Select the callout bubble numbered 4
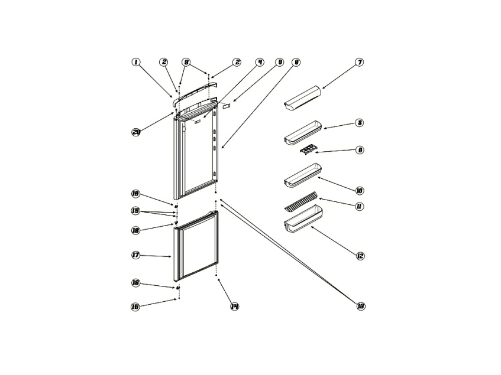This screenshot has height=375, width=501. point(259,62)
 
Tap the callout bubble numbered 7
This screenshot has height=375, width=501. point(358,62)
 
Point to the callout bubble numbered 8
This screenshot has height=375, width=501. point(359,123)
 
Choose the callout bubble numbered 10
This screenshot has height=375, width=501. point(359,191)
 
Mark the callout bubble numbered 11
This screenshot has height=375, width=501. point(359,206)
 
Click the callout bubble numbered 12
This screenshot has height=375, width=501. point(360,256)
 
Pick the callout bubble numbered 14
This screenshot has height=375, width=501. point(234,306)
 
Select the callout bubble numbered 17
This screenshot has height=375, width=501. point(135,255)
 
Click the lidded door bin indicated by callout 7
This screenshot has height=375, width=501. point(302,98)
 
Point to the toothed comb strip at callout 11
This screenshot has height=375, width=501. point(300,201)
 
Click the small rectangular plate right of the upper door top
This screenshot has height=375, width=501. point(227,105)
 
